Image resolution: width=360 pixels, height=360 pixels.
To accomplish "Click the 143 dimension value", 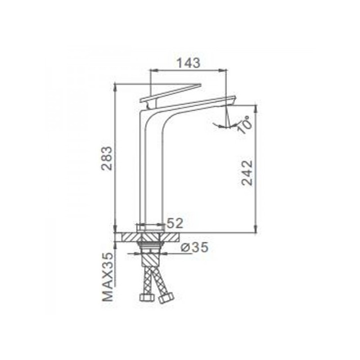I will coord(187,63).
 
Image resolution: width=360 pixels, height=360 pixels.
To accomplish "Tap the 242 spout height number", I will coord(247,172).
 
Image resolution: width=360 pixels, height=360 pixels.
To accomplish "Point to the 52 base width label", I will coord(175,223).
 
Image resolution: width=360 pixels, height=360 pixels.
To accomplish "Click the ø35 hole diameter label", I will coord(194,247).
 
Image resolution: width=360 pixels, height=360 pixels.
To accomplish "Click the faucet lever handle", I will coord(171,92).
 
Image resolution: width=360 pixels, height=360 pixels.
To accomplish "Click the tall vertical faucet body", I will coord(149,171).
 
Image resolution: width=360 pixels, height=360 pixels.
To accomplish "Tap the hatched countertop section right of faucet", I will coord(173,238).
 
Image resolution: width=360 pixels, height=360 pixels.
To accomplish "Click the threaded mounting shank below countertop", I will coord(150,248).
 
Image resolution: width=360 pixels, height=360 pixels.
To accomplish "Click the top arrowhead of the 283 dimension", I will coord(116,87).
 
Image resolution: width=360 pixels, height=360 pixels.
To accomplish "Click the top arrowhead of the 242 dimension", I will coord(256,108).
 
